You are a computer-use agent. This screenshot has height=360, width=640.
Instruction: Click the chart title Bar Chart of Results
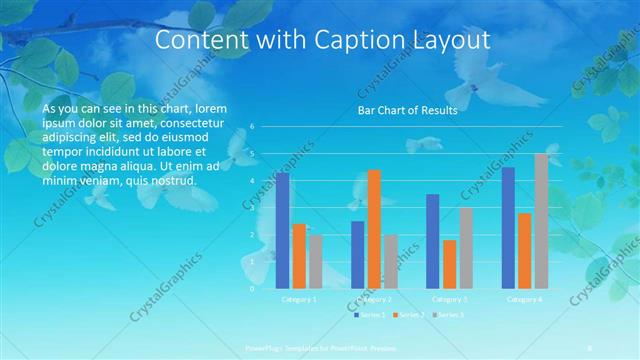(407, 110)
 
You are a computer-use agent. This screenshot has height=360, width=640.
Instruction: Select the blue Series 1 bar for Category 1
(283, 230)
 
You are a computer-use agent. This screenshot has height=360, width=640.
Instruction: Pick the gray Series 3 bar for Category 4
(541, 220)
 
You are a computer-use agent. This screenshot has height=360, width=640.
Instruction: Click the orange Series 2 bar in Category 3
(449, 263)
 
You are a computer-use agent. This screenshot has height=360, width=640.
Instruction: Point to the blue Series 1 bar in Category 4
(508, 227)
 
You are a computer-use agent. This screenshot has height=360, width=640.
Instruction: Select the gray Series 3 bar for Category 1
(315, 261)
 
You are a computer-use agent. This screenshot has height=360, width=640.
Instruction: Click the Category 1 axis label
(299, 299)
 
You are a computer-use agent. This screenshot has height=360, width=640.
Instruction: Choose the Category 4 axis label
(524, 299)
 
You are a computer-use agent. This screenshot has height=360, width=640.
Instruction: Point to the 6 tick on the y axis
(253, 127)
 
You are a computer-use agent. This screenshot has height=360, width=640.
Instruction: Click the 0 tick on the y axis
(253, 288)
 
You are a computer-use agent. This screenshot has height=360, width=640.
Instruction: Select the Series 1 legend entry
(370, 315)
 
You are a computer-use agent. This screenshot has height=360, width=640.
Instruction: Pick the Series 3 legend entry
(451, 315)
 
